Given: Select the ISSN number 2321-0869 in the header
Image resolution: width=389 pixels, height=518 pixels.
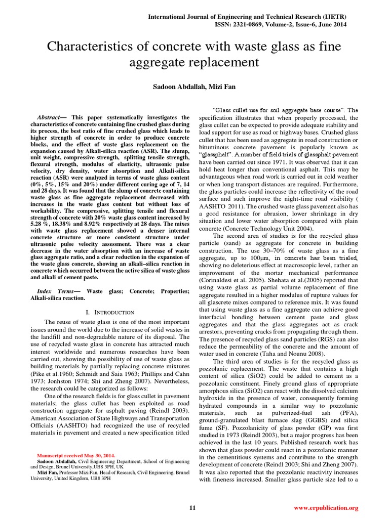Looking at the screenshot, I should (260, 25).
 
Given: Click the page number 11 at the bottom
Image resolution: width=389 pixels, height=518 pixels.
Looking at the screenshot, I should (192, 507).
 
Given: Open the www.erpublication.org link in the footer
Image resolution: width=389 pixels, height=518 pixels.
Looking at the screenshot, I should (326, 507).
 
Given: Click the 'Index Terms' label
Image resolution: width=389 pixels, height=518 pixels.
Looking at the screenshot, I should (55, 291).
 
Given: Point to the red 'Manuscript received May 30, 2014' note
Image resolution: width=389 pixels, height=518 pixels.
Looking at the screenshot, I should (76, 455).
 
